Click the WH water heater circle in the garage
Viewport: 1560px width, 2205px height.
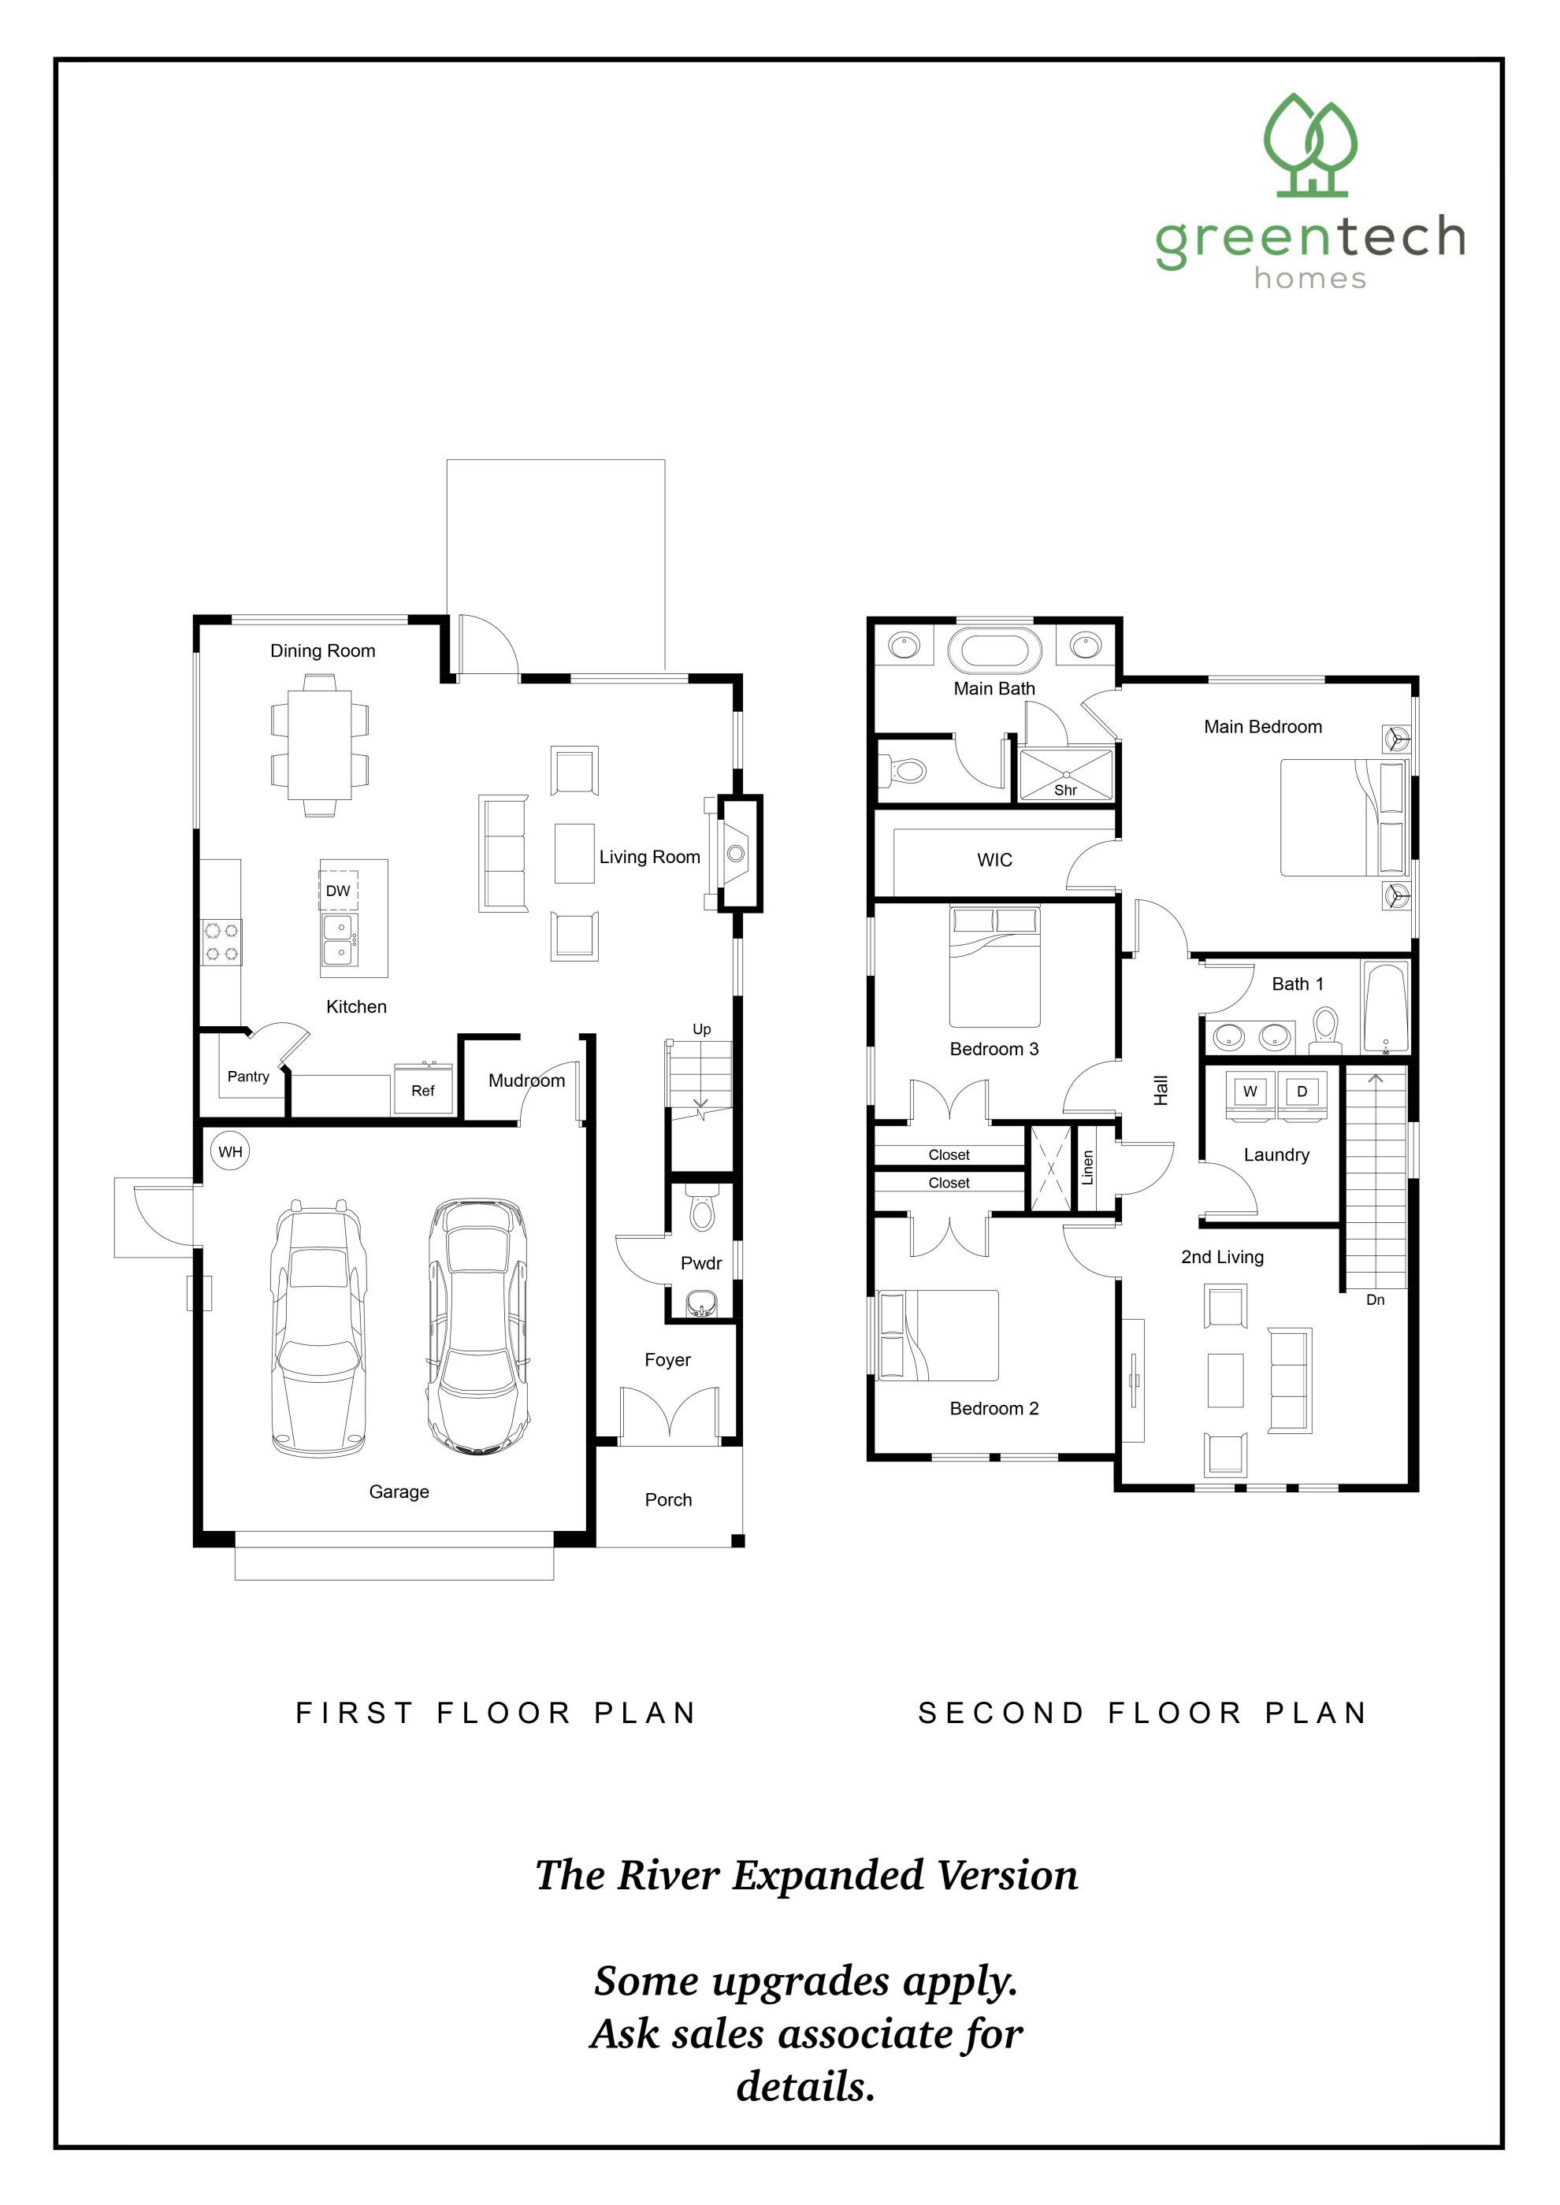coord(231,1151)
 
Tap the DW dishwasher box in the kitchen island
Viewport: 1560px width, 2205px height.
coord(338,890)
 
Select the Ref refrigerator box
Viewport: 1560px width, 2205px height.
coord(422,1091)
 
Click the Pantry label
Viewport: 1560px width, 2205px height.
coord(248,1077)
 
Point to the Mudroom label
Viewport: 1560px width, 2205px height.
coord(526,1080)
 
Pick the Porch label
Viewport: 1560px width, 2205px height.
coord(669,1500)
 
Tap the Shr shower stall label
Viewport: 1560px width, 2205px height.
coord(1065,791)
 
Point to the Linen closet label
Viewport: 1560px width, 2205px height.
coord(1087,1168)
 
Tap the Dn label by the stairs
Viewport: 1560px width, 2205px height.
coord(1376,1300)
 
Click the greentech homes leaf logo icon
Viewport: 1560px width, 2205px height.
coord(1310,145)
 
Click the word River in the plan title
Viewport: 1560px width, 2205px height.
coord(667,1876)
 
